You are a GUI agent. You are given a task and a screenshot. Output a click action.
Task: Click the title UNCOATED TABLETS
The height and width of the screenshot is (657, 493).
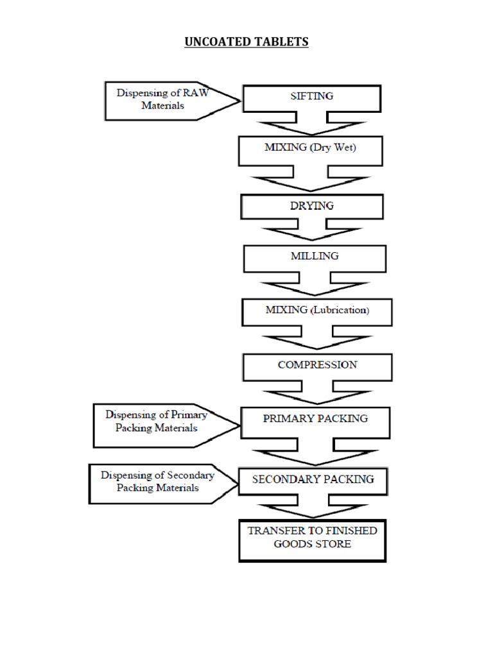(x=246, y=42)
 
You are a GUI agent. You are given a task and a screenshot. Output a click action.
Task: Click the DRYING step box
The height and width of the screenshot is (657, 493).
(x=313, y=206)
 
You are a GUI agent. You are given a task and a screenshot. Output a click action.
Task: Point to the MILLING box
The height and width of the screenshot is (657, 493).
(x=315, y=257)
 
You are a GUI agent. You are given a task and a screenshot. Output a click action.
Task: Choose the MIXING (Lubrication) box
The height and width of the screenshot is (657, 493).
(x=316, y=311)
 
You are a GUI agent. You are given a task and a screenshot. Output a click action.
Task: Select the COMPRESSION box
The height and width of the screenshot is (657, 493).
(x=317, y=365)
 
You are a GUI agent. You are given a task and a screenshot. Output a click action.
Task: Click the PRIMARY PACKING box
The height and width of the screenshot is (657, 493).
(x=315, y=419)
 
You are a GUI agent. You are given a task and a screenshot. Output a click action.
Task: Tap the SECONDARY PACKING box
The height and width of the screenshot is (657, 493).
(x=313, y=479)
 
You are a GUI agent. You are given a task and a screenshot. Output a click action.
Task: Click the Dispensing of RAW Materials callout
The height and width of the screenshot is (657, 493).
(x=160, y=99)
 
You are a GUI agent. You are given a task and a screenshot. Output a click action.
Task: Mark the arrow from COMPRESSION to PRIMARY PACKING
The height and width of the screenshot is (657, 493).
(x=316, y=393)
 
